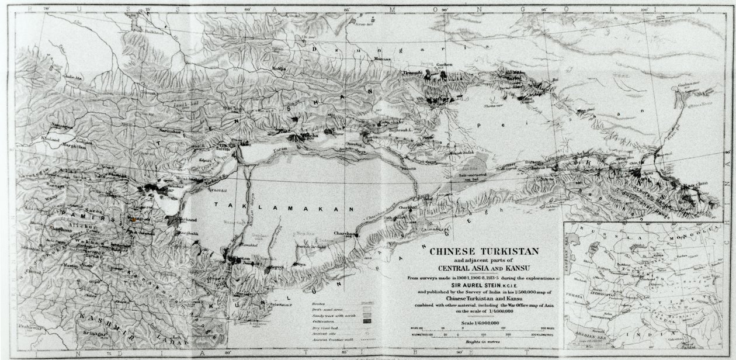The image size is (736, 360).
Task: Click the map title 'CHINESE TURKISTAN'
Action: pos(485,252)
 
